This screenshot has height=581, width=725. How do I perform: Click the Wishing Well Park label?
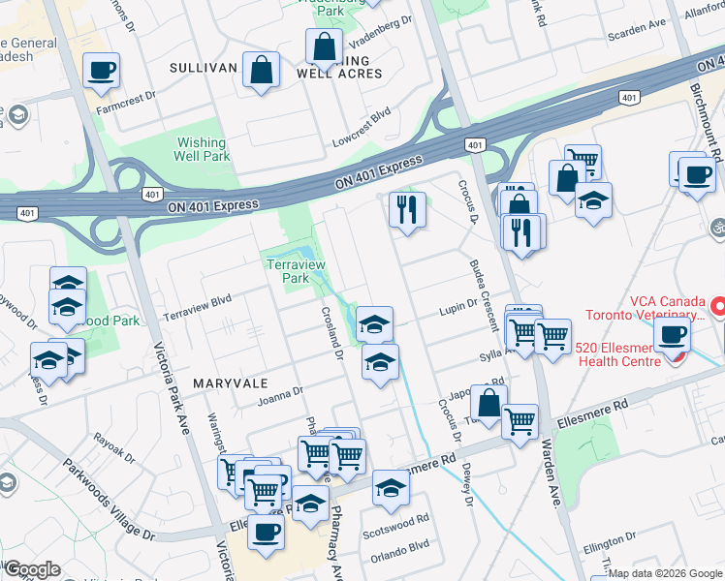[203, 149]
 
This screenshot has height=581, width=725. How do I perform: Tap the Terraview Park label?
[289, 270]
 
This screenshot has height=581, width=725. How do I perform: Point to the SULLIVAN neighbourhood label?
[203, 68]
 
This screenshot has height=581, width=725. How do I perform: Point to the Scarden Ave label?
[637, 23]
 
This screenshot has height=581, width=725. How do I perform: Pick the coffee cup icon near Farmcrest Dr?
[101, 70]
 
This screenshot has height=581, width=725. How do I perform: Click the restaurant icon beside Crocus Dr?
[406, 208]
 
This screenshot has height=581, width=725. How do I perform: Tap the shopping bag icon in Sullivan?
[261, 69]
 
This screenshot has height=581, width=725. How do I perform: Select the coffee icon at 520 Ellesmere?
[672, 335]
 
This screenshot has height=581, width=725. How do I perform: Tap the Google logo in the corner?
[32, 568]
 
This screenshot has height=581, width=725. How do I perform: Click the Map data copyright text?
[665, 573]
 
